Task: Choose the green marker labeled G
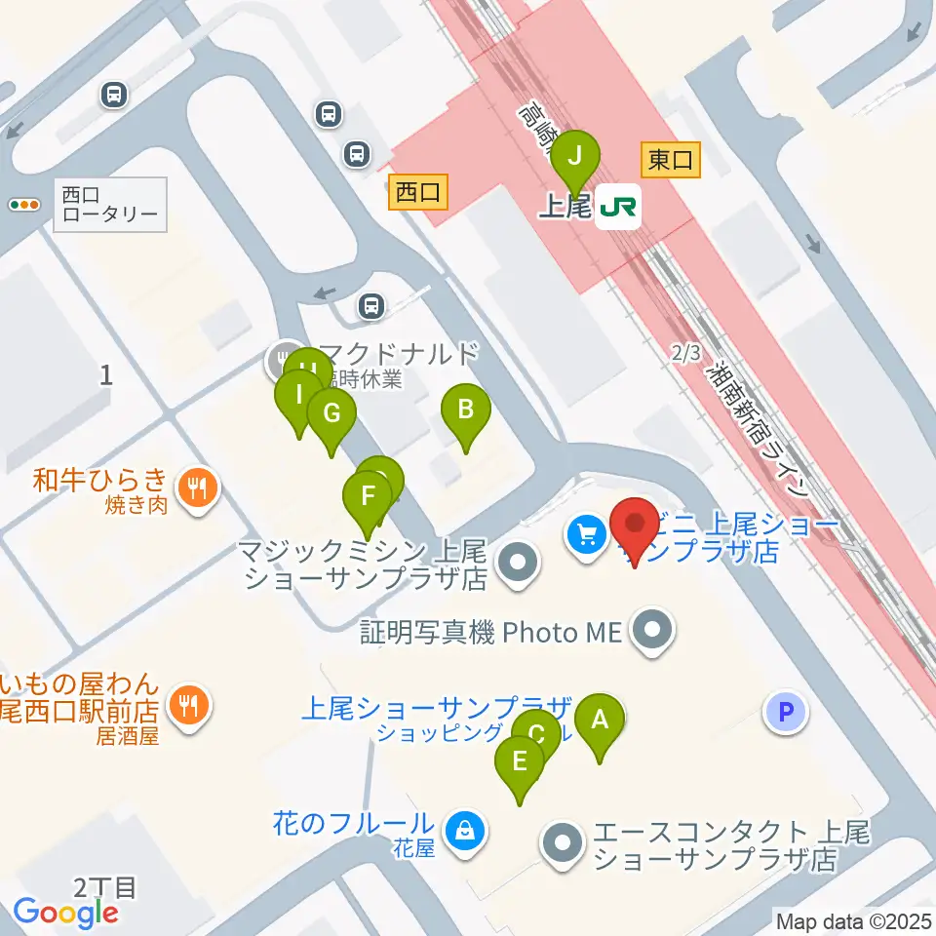click(331, 415)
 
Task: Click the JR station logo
click(618, 207)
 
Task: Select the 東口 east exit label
click(671, 160)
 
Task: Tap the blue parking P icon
click(786, 712)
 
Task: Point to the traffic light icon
click(24, 205)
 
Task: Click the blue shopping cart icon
click(586, 533)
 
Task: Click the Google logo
click(65, 913)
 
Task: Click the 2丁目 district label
click(104, 887)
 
